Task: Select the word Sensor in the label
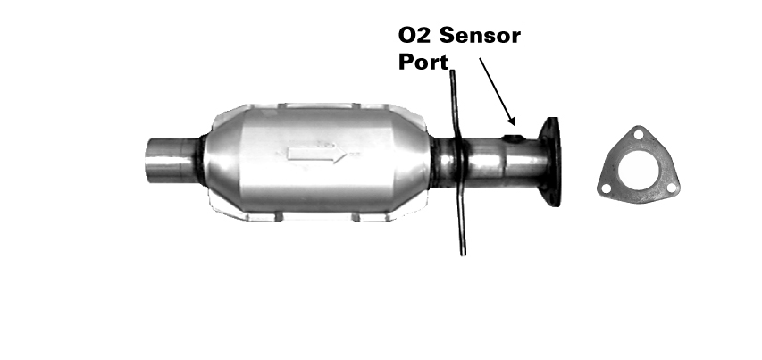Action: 480,36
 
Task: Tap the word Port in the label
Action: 423,63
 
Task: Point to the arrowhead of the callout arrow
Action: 511,120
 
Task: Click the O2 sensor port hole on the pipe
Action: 514,139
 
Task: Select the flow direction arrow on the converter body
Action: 317,155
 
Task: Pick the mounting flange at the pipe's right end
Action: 550,162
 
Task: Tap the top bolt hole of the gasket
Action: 639,134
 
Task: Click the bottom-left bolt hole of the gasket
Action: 606,188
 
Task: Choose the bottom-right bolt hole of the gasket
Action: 671,188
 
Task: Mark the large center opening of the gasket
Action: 638,170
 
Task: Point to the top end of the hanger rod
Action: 452,71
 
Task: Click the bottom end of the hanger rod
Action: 463,254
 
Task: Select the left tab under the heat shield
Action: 279,217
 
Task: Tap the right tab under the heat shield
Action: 356,217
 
